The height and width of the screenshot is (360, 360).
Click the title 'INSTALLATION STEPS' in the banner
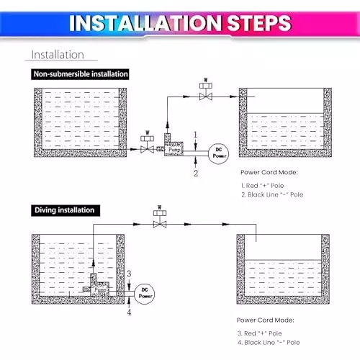pos(180,23)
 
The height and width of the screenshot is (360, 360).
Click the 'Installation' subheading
pos(58,55)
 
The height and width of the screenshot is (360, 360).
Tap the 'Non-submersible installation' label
pos(80,74)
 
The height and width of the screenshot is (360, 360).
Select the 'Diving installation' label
pos(66,210)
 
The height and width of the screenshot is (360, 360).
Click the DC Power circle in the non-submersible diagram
pos(219,153)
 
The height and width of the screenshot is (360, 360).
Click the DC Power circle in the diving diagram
pos(145,294)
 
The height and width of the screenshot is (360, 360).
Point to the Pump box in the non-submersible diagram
pos(174,149)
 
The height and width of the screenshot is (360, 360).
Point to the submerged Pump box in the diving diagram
pos(99,289)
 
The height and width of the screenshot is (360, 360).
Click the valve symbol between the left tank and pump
pos(148,143)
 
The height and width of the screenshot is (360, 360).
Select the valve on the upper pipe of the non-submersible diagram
pos(206,89)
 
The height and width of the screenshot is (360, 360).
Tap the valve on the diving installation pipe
pos(160,217)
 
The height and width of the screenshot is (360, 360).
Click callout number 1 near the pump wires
pos(195,135)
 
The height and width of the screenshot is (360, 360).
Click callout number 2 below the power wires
pos(196,173)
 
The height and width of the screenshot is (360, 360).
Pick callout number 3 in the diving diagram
pos(129,274)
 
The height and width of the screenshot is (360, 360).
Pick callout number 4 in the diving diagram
pos(129,312)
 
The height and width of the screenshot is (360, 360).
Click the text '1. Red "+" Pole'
pos(263,186)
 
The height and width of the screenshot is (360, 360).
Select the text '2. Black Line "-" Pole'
pos(272,194)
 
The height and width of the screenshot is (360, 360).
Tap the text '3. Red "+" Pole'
pos(260,333)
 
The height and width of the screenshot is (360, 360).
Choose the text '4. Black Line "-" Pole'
pos(269,343)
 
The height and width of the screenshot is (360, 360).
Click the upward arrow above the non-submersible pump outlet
pos(168,125)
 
